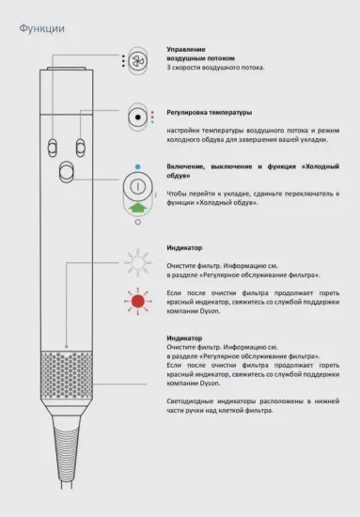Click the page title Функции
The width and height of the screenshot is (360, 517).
pyautogui.click(x=42, y=28)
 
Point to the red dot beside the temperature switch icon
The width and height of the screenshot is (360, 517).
pyautogui.click(x=151, y=112)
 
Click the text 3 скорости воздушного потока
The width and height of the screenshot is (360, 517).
pyautogui.click(x=215, y=68)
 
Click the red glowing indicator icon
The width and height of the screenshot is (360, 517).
pyautogui.click(x=138, y=301)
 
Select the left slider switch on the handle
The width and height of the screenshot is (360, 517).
pyautogui.click(x=54, y=146)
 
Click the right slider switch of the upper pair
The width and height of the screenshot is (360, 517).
pyautogui.click(x=81, y=146)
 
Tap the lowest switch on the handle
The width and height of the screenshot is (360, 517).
pyautogui.click(x=67, y=173)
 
